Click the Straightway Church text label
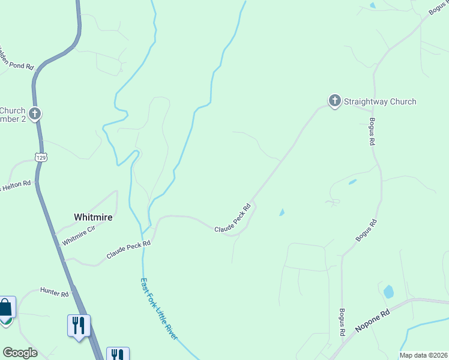click(379, 101)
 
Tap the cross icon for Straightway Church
click(334, 101)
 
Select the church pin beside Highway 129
click(35, 113)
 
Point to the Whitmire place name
click(93, 217)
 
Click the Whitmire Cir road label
click(78, 234)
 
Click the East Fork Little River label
click(158, 309)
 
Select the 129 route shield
click(41, 157)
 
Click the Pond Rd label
click(17, 63)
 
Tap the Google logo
click(20, 352)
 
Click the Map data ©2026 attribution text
click(423, 355)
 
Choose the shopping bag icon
click(5, 308)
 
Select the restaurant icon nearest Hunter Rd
click(79, 325)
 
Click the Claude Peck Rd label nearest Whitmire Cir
click(128, 248)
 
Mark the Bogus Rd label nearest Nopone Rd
click(342, 322)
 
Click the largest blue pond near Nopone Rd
click(388, 292)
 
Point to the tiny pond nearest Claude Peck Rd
click(282, 212)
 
